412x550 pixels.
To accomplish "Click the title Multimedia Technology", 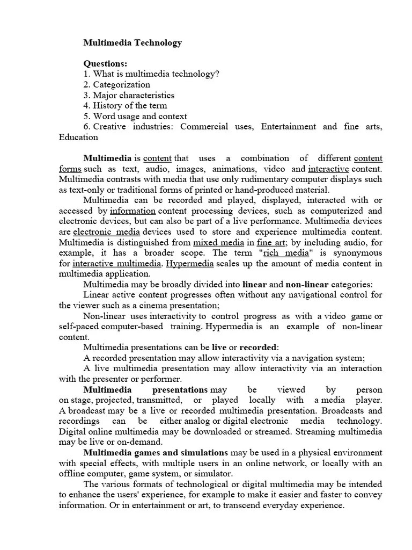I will tap(133, 42).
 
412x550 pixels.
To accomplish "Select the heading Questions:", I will tap(105, 64).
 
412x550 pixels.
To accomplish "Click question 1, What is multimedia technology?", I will tap(151, 74).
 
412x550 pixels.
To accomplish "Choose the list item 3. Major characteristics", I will tap(129, 95).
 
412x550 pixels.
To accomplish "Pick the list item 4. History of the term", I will tap(125, 105).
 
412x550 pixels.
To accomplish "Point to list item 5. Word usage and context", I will tap(135, 116).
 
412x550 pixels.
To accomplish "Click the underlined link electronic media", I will tap(106, 232).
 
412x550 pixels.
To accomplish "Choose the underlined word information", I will tap(133, 211).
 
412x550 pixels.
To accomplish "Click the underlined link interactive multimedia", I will tap(117, 264).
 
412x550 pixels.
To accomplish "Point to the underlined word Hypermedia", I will tap(190, 264).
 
